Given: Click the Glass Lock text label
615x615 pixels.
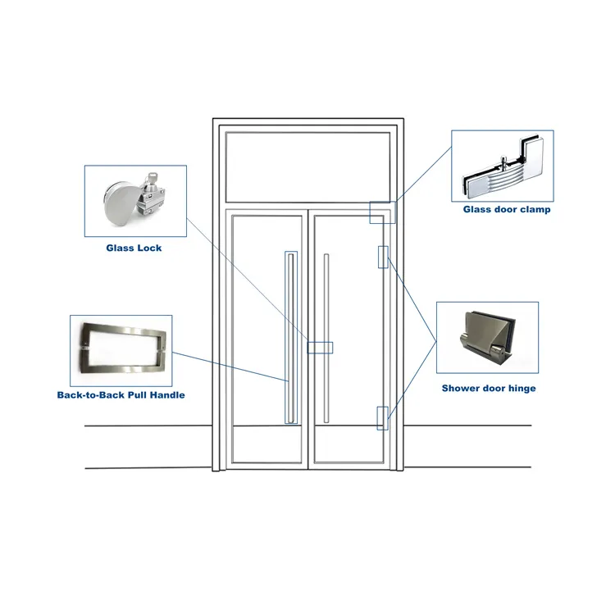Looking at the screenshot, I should (134, 248).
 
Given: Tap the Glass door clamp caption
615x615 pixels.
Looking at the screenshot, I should (506, 210).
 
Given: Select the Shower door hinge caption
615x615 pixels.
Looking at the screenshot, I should (489, 388).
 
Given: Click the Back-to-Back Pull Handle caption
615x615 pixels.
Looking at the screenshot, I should (121, 395).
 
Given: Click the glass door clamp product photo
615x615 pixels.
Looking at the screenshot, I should (501, 166).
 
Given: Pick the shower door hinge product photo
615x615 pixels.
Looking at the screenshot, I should (487, 338).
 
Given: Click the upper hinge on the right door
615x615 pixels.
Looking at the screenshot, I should (382, 257).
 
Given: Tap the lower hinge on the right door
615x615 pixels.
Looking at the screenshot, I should (382, 417).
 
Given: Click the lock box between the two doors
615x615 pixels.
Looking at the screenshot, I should (320, 348).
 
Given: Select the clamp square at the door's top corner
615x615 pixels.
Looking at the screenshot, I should (382, 213).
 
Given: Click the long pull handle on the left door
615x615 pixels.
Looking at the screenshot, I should (290, 337).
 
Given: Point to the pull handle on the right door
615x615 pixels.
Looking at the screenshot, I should (326, 337).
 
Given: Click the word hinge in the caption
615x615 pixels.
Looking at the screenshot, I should (522, 388).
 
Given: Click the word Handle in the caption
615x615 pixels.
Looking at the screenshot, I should (165, 395).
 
